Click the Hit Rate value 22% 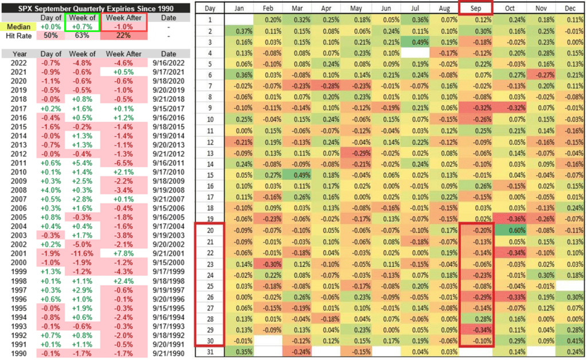(x=121, y=36)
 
